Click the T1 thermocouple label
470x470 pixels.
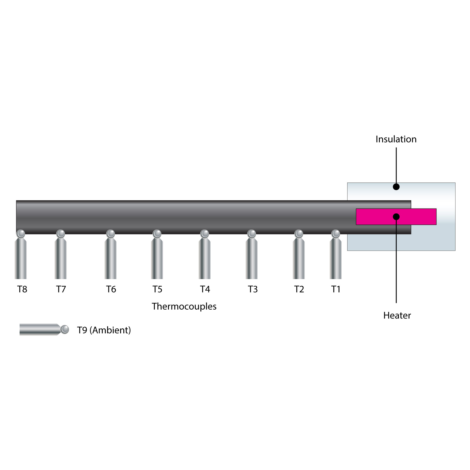[336, 289]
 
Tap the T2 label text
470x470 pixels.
[299, 289]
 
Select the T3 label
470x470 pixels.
[253, 289]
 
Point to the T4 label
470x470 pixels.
[205, 289]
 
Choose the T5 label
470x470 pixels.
[157, 289]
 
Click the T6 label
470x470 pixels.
[111, 289]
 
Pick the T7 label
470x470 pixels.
[61, 289]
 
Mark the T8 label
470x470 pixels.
[22, 289]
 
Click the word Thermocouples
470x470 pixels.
[184, 306]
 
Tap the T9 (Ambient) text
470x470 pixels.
[104, 330]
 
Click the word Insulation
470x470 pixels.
[396, 139]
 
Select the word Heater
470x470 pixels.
[397, 315]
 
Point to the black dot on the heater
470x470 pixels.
[396, 217]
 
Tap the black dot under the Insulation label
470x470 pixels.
[396, 187]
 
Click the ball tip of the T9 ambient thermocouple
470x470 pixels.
[65, 330]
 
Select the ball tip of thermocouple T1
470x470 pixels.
[335, 234]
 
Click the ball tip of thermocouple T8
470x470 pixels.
[21, 234]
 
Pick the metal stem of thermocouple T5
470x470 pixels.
[157, 258]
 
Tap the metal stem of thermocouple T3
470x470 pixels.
[251, 258]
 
